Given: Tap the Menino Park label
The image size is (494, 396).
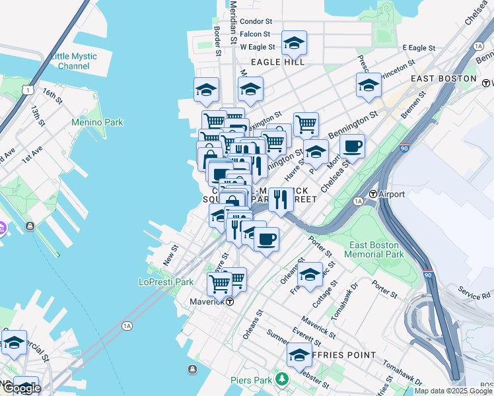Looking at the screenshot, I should [98, 122].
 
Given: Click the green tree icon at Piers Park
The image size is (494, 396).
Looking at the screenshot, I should [283, 379].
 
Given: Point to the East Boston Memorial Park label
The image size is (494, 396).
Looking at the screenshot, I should [374, 249].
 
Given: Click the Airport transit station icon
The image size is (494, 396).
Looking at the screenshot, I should [372, 195].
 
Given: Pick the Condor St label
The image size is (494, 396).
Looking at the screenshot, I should [256, 22].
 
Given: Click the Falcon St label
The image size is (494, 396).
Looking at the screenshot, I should [255, 34].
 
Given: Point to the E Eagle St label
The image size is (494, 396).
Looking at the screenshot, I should [419, 48].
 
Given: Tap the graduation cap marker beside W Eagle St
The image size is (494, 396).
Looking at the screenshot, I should [294, 44].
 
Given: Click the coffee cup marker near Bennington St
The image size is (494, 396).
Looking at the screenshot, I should [352, 147].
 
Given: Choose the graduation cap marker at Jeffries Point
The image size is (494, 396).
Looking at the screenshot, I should [299, 355].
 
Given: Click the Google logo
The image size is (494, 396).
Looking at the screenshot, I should [21, 388].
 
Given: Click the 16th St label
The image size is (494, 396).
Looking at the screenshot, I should [52, 96].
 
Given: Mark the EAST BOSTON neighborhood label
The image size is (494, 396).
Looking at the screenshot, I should [443, 78].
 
